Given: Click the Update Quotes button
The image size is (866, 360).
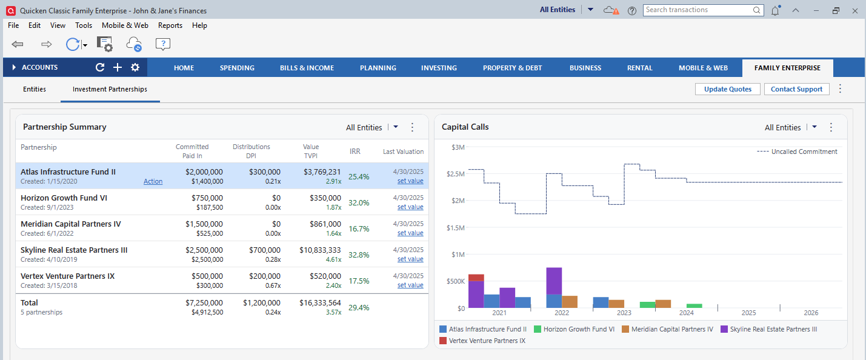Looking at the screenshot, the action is click(728, 89).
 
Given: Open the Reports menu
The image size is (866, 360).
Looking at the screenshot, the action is click(170, 25).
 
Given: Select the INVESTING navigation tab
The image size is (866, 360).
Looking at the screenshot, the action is click(439, 68).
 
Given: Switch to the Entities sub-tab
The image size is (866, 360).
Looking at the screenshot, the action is click(35, 89).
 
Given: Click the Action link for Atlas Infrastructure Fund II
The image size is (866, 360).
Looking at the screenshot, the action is click(153, 181).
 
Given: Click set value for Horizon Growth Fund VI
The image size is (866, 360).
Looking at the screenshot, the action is click(410, 207).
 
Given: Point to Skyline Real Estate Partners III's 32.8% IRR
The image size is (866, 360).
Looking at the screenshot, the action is click(359, 255).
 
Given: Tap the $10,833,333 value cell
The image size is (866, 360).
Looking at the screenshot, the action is click(320, 250).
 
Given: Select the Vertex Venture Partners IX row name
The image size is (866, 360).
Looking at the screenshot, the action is click(68, 276).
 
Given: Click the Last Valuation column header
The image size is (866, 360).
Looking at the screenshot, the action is click(403, 152).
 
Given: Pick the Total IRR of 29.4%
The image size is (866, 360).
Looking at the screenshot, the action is click(359, 308).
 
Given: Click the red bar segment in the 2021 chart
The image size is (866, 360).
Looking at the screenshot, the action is click(476, 277).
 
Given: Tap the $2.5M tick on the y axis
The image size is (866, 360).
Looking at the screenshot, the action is click(456, 174).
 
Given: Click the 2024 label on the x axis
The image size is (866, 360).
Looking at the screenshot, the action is click(686, 313).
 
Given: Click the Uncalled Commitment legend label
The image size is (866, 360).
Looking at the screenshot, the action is click(804, 152).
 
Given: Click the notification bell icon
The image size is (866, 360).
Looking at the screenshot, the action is click(775, 10).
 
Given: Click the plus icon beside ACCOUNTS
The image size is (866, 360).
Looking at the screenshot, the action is click(118, 67).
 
